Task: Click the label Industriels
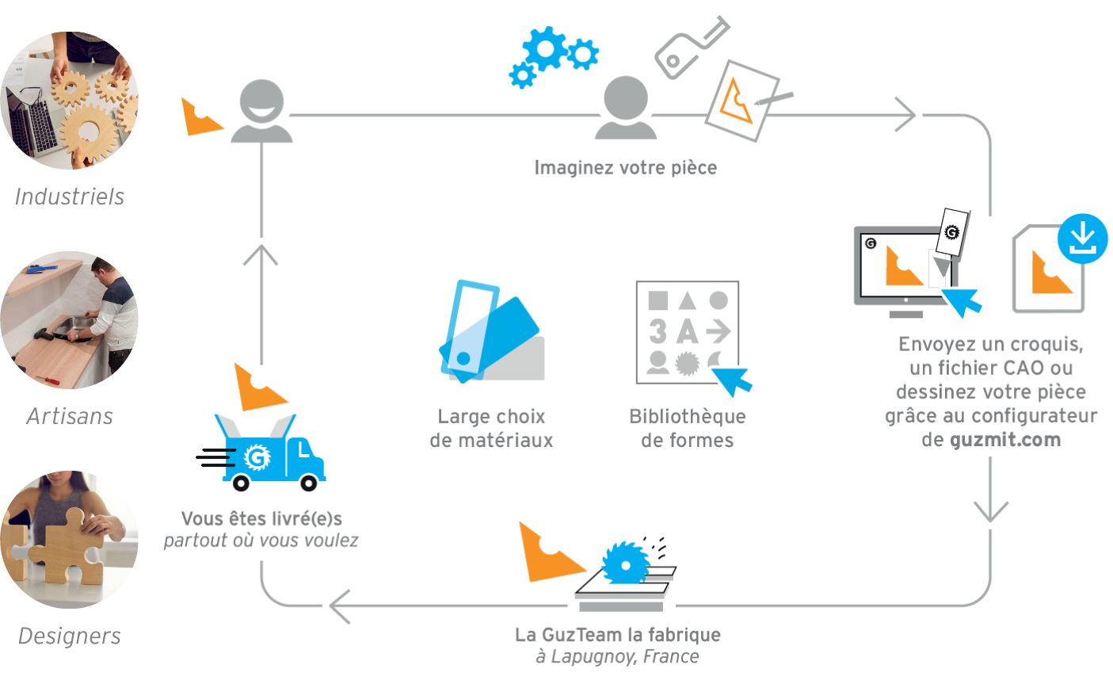(69, 197)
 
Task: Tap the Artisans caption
(69, 416)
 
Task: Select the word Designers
(69, 636)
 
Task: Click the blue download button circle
(1082, 238)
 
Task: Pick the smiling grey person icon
(261, 111)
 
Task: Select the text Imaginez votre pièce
(625, 168)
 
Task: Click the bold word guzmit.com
(1005, 440)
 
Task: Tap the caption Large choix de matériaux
(491, 428)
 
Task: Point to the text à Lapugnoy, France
(617, 657)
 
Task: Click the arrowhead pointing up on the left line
(261, 255)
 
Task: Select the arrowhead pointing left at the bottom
(340, 607)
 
